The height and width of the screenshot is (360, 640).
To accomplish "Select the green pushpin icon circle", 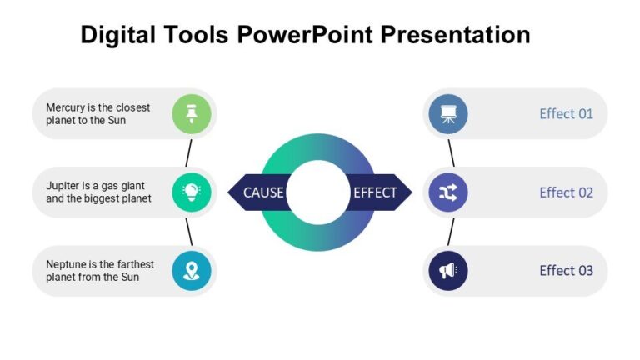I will tap(191, 113).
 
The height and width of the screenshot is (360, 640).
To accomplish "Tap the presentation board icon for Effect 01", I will tap(448, 113).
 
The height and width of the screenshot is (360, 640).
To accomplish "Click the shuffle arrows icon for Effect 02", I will tap(448, 192).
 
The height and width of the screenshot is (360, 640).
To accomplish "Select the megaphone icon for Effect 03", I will tap(448, 271).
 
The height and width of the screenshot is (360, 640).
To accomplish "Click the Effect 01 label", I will tap(566, 113).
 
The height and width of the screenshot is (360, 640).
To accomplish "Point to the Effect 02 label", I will tap(566, 192).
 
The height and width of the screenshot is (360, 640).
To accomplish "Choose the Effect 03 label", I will tap(566, 271).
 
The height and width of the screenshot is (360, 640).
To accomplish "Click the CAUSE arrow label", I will tap(262, 192).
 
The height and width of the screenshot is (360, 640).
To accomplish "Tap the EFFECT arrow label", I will tap(376, 192).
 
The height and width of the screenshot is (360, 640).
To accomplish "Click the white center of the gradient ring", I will tap(319, 192).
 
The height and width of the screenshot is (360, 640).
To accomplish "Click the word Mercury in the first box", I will tap(65, 107).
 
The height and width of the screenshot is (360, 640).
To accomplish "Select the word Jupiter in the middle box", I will tap(63, 186).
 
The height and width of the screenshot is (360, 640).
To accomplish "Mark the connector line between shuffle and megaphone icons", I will tap(450, 232).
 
